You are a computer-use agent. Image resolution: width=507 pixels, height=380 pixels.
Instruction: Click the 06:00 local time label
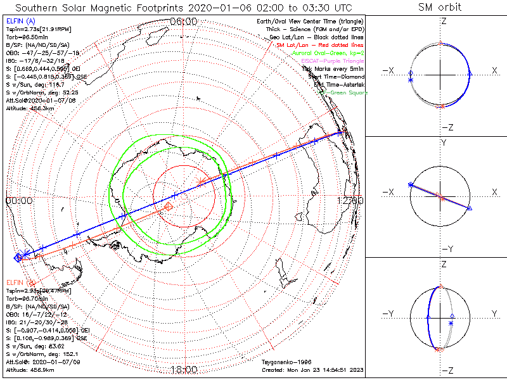(184, 22)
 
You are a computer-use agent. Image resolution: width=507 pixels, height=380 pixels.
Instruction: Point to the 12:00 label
(350, 200)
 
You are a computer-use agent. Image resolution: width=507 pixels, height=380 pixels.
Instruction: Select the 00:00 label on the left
(18, 200)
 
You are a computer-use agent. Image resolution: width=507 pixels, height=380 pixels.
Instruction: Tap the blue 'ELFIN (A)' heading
(21, 22)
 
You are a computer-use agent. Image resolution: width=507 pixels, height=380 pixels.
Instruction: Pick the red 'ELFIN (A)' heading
(21, 282)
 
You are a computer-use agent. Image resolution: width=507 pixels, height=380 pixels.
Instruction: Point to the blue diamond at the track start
(18, 256)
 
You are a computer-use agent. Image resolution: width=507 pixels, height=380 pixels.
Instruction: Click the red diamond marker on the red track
(169, 206)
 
